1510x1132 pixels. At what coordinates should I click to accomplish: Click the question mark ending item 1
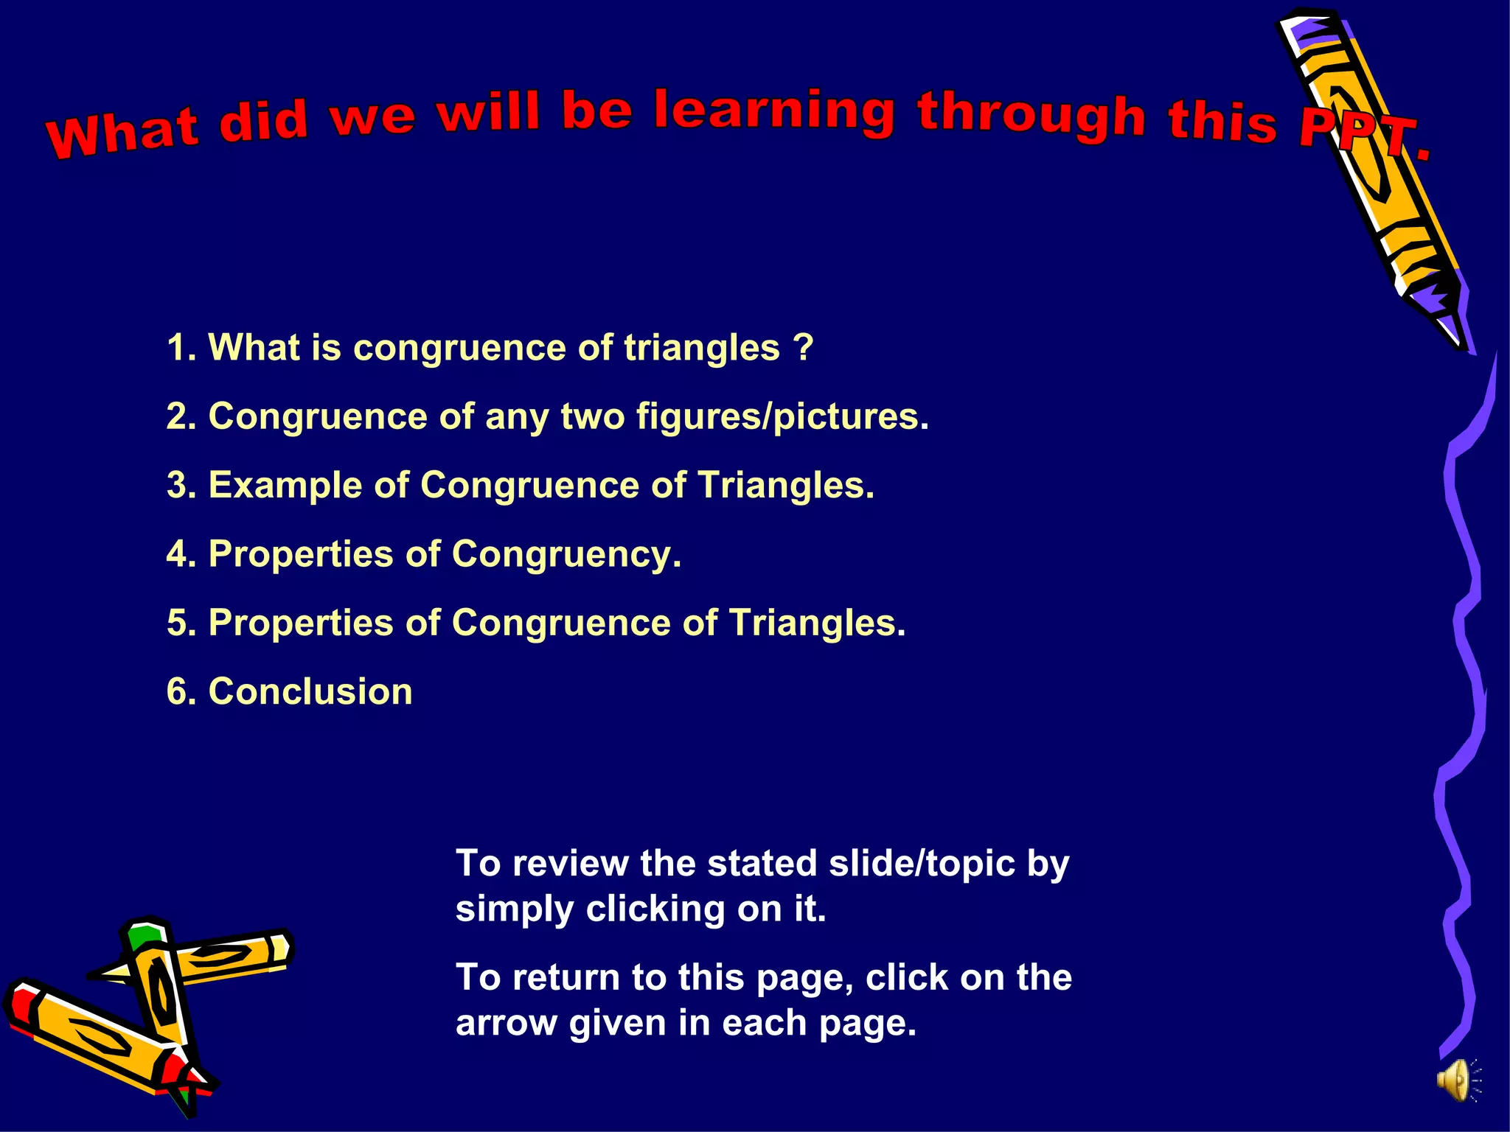tap(804, 347)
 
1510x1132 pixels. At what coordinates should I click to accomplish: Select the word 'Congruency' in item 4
tap(566, 554)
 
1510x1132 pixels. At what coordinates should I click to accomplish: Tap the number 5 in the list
tap(177, 623)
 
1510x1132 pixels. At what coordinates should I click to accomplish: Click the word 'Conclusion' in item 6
tap(310, 692)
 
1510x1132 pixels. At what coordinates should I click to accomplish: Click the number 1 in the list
tap(176, 348)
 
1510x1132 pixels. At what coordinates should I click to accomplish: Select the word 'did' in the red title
tap(262, 122)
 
